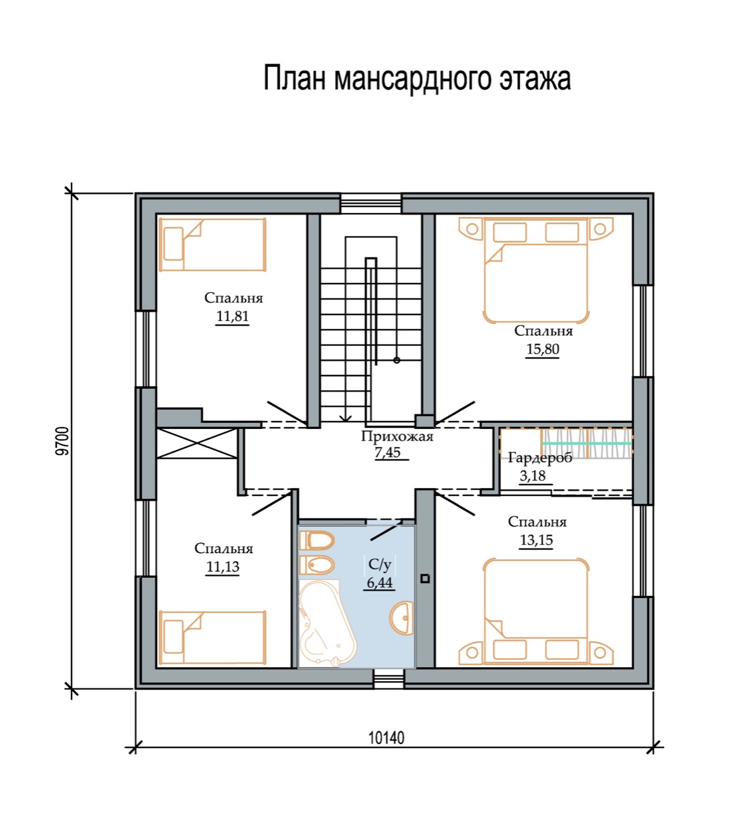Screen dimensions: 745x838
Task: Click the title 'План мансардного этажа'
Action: point(417,78)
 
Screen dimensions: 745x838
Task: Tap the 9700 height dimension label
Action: point(62,440)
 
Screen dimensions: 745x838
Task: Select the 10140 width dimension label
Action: point(386,738)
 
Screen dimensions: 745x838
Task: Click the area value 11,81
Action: point(232,316)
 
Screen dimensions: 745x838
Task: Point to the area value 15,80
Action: point(543,349)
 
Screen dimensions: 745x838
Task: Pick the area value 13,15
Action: point(536,540)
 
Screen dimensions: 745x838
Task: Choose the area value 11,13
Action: point(223,566)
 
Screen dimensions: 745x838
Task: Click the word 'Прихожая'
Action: point(397,436)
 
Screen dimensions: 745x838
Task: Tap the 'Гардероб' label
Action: point(540,458)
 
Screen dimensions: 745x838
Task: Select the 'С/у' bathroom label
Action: point(379,564)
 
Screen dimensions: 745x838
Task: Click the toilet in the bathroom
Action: point(317,540)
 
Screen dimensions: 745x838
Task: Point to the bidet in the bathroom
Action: point(317,565)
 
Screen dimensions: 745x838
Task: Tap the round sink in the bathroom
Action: point(401,618)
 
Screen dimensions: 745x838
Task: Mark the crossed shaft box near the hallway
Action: point(197,443)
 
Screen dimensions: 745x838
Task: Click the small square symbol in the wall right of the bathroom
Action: point(425,579)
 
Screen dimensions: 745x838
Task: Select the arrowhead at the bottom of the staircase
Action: point(345,418)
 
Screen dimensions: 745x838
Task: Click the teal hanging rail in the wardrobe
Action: point(587,443)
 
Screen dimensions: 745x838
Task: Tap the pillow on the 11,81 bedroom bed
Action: point(174,243)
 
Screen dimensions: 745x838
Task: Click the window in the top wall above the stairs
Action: point(371,204)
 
